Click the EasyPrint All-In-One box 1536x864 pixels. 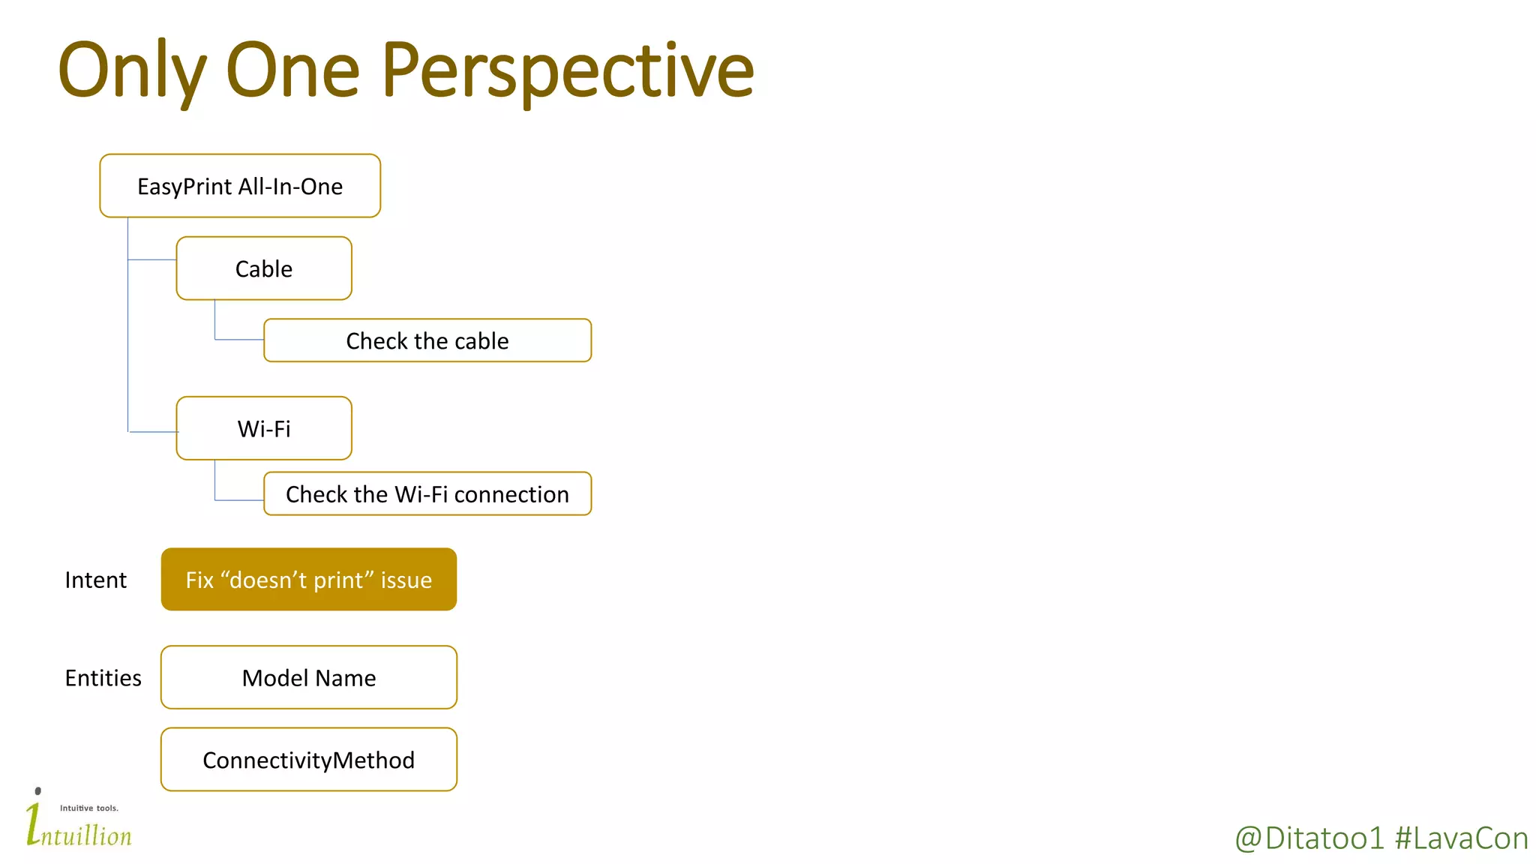coord(240,186)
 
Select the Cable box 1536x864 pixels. coord(264,268)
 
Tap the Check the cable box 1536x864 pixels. coord(427,340)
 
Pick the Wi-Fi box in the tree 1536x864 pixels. coord(264,428)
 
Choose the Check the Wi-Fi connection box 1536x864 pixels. coord(427,494)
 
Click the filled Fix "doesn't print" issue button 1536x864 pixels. coord(308,580)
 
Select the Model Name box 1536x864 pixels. coord(308,678)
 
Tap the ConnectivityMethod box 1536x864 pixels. coord(308,760)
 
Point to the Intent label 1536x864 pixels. coord(95,580)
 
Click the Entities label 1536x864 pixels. coord(103,678)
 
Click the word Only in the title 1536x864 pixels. coord(132,71)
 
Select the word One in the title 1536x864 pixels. coord(292,71)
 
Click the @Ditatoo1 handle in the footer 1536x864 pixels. coord(1309,838)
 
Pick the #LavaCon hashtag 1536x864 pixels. coord(1461,838)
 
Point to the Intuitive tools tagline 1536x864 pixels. coord(89,808)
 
